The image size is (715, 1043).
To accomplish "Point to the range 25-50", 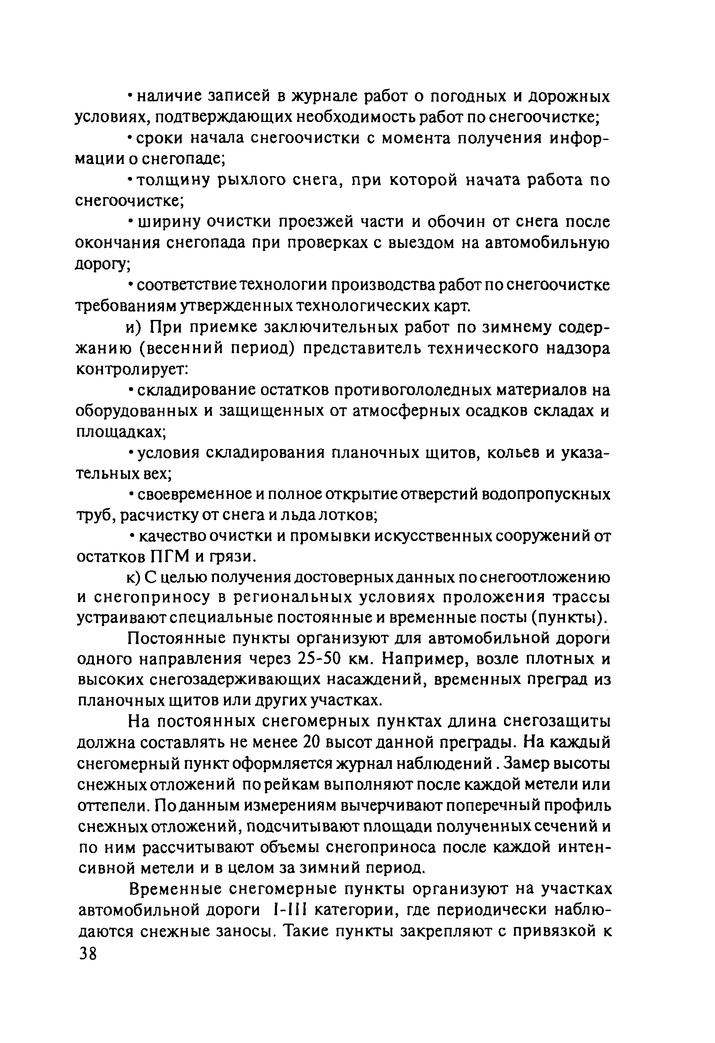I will pos(319,659).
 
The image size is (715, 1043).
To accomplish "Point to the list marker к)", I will pos(135,578).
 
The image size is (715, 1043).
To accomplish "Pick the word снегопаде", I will pos(185,158).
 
